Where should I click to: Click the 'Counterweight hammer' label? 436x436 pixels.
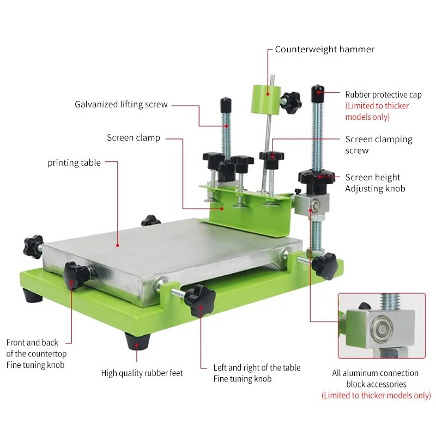[324, 50]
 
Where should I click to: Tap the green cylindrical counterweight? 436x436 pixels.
[265, 100]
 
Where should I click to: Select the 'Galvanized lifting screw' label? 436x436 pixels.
[121, 105]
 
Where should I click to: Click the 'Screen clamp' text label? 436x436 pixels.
[134, 138]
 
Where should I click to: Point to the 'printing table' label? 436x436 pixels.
[74, 162]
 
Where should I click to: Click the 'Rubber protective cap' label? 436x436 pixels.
[384, 95]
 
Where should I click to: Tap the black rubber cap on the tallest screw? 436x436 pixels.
[318, 94]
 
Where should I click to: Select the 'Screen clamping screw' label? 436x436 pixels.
[379, 145]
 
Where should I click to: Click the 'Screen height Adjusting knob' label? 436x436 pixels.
[376, 183]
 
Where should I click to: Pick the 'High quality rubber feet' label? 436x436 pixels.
[142, 373]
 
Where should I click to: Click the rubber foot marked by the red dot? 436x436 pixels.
[137, 341]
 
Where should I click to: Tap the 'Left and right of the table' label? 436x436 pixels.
[257, 367]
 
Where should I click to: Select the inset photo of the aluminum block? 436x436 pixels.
[382, 325]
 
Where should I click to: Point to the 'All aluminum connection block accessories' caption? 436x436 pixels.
[376, 379]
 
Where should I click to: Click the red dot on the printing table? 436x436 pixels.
[118, 246]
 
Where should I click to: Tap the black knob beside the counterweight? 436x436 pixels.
[291, 101]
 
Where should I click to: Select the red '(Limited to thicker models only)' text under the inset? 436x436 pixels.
[376, 396]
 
